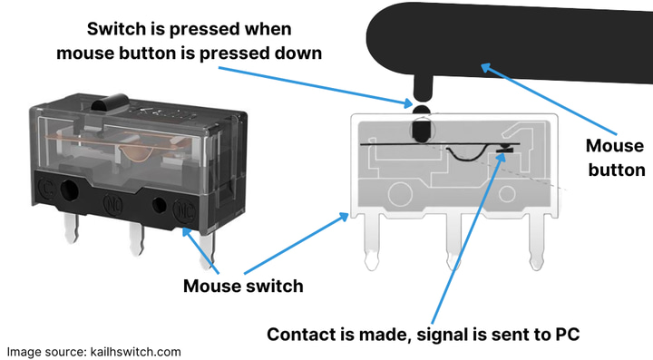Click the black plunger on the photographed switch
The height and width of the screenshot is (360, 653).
(x=110, y=102)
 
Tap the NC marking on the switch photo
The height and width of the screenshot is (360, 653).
(x=184, y=211)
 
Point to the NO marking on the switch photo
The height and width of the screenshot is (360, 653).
(x=112, y=205)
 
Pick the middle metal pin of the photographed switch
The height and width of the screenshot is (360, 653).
(x=137, y=238)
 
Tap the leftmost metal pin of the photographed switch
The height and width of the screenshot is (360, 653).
(x=72, y=229)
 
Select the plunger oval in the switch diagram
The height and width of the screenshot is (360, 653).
(x=422, y=130)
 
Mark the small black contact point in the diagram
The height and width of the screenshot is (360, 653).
(x=504, y=147)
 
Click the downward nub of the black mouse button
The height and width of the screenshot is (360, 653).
(x=422, y=88)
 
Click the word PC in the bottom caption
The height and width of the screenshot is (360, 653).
(x=567, y=335)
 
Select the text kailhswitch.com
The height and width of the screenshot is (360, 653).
(x=136, y=352)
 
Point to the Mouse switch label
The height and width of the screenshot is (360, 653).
(x=243, y=287)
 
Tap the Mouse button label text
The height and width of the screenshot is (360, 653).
(x=616, y=158)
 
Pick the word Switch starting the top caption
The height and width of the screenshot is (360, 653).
(x=117, y=29)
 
